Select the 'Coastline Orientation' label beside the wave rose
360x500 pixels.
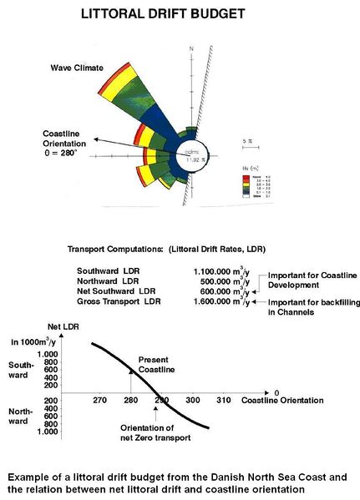click(68, 139)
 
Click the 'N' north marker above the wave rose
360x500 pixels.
click(192, 51)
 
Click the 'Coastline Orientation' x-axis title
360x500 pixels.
click(283, 402)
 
